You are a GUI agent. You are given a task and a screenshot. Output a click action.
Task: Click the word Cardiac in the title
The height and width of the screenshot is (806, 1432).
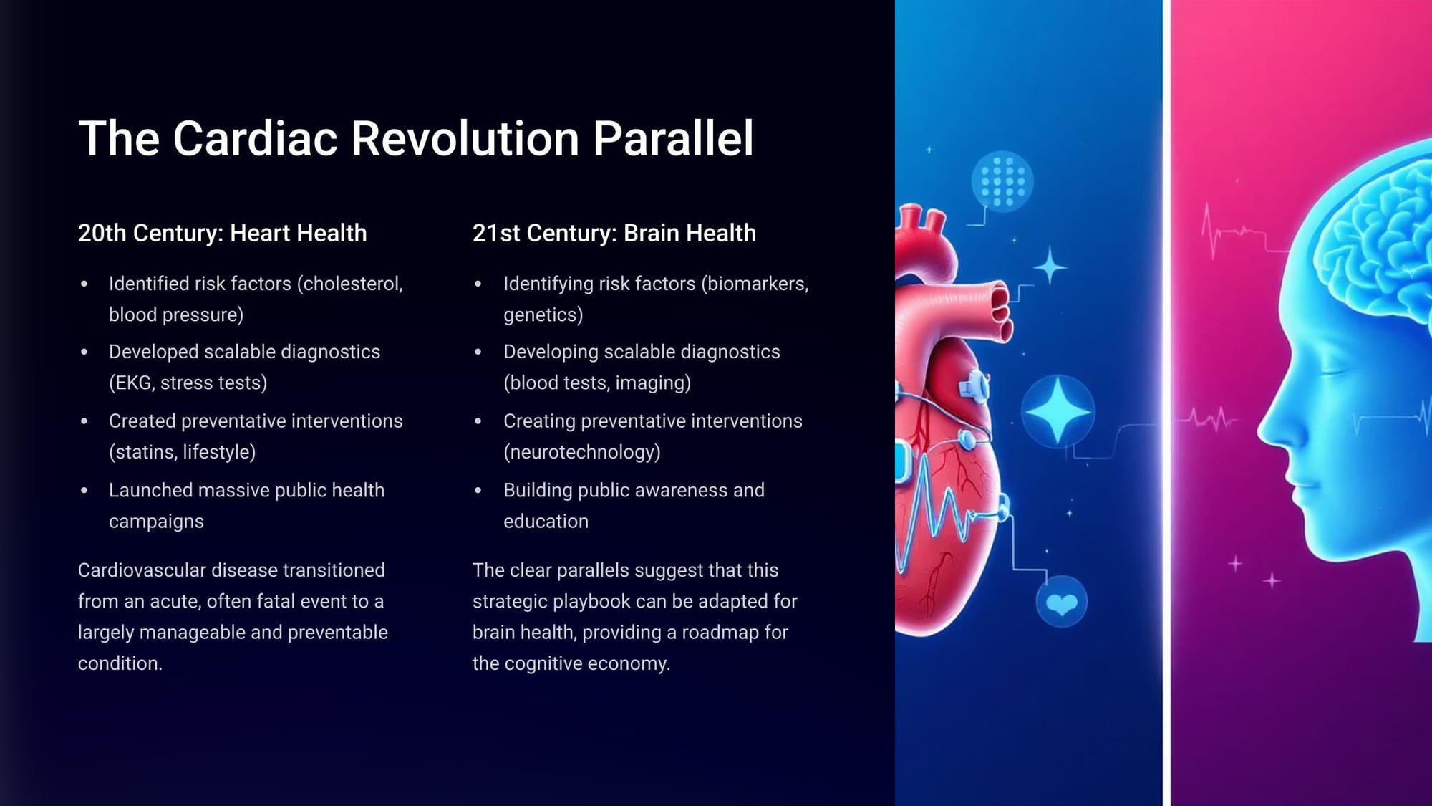pyautogui.click(x=254, y=138)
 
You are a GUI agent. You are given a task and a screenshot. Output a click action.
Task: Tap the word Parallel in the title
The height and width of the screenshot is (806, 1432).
pyautogui.click(x=673, y=138)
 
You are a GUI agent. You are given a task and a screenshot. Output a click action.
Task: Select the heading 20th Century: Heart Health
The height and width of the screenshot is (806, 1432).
pyautogui.click(x=222, y=233)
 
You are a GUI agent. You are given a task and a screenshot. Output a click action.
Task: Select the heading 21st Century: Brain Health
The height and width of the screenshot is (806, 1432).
pyautogui.click(x=614, y=233)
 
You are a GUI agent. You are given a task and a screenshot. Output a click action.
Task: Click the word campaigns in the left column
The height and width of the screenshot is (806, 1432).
pyautogui.click(x=156, y=522)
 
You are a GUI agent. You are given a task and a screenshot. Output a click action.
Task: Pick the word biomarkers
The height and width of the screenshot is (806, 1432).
pyautogui.click(x=755, y=284)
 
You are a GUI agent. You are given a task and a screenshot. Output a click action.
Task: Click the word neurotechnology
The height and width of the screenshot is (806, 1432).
pyautogui.click(x=582, y=452)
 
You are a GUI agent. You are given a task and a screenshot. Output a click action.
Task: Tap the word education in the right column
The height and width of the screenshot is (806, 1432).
pyautogui.click(x=546, y=521)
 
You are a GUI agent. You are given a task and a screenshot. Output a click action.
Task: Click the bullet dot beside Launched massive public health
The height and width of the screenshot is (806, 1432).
pyautogui.click(x=84, y=491)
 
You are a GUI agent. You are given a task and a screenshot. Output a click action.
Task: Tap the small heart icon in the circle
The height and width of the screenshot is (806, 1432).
pyautogui.click(x=1061, y=603)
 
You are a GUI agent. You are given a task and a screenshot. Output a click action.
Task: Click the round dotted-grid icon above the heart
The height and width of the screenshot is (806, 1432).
pyautogui.click(x=1002, y=182)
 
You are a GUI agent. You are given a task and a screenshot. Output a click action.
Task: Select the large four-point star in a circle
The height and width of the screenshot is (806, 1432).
pyautogui.click(x=1058, y=412)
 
